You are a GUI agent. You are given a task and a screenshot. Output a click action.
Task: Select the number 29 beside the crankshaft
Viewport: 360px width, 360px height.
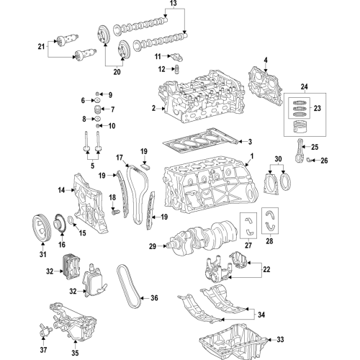coord(153,247)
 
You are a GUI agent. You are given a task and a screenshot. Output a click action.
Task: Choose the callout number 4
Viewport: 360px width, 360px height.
coord(265,60)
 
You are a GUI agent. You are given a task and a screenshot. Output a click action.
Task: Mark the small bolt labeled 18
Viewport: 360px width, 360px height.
coord(114,213)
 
